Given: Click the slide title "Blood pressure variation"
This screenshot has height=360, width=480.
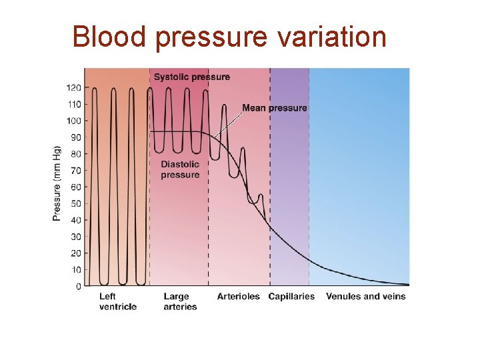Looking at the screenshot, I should click(x=229, y=37).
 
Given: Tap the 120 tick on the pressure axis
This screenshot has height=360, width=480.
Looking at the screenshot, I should click(x=73, y=88).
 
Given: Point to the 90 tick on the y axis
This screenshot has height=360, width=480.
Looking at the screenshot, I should click(x=75, y=137).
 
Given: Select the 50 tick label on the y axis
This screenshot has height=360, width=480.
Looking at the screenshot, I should click(x=75, y=204).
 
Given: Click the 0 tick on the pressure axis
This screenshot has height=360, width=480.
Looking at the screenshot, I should click(x=78, y=287).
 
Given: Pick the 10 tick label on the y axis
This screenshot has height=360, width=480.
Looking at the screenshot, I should click(x=75, y=270).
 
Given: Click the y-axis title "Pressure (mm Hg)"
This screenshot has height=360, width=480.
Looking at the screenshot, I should click(x=57, y=183).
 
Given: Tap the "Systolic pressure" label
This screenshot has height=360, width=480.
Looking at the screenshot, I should click(x=192, y=77).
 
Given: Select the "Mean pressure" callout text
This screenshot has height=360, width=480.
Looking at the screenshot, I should click(x=275, y=108).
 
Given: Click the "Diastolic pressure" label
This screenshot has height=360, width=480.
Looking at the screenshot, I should click(x=180, y=170).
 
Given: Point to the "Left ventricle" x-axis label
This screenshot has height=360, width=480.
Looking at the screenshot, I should click(x=118, y=301).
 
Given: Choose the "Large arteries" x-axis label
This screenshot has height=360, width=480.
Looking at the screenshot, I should click(x=180, y=301).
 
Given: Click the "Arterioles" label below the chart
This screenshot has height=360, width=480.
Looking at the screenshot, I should click(x=238, y=297).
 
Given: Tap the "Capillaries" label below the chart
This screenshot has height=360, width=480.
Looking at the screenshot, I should click(x=291, y=297).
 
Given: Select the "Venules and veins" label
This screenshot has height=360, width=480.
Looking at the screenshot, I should click(x=365, y=297).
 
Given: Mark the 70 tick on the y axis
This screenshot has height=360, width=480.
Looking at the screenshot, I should click(x=75, y=171).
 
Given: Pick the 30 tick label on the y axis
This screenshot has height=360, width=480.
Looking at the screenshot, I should click(x=75, y=237).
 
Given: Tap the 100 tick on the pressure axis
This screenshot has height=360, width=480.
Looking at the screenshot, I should click(x=73, y=121).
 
